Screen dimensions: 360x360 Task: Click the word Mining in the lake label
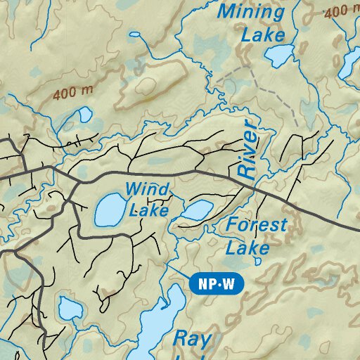click(251, 12)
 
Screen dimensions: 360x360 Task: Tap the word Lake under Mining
click(263, 34)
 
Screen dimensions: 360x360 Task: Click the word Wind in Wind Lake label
click(147, 189)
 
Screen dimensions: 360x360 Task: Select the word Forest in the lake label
click(257, 226)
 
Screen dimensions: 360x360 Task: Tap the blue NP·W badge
click(217, 285)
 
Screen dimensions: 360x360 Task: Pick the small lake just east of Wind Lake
click(198, 210)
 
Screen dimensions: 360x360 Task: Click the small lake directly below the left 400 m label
click(84, 114)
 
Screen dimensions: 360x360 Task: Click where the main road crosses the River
click(252, 186)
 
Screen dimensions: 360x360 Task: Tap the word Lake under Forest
click(247, 248)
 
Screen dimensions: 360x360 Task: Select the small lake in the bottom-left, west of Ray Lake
click(70, 307)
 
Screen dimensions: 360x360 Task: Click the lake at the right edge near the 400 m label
click(349, 65)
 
